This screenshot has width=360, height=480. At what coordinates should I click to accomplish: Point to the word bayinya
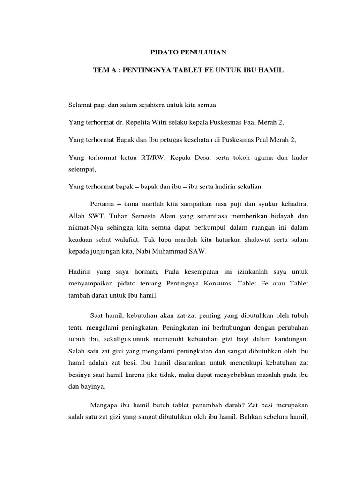click(94, 388)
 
